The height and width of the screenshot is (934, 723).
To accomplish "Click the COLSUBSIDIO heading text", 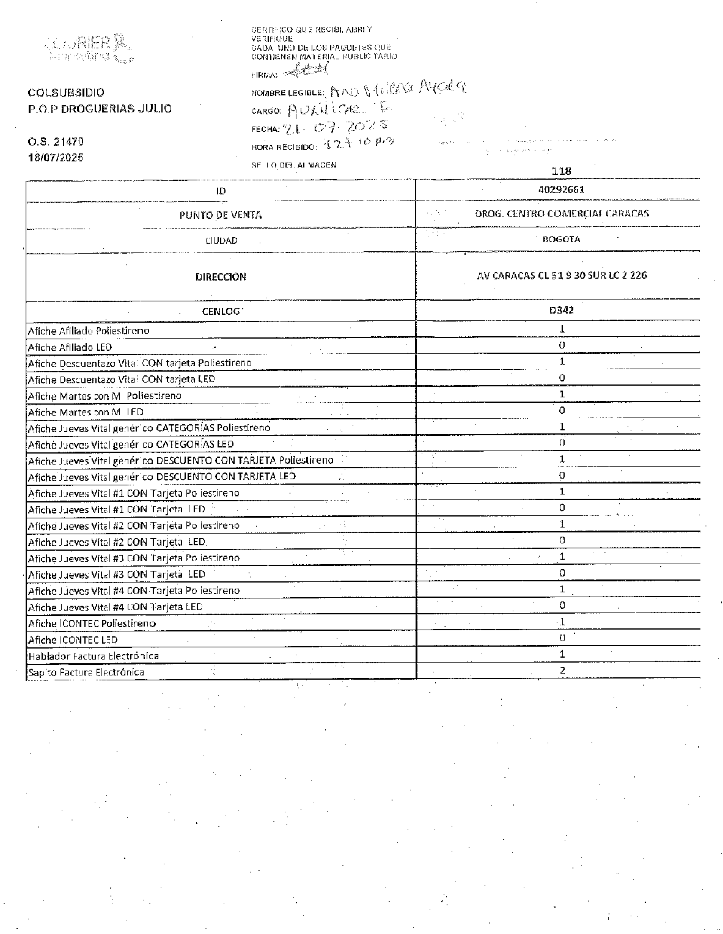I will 66,93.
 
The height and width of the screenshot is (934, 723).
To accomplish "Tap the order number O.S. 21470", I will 56,142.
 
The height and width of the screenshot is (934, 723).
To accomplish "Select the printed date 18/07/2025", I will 56,157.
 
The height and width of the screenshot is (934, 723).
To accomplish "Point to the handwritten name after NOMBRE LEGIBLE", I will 397,90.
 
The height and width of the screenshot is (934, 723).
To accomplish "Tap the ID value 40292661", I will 561,189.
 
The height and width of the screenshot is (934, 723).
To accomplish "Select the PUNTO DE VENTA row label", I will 221,215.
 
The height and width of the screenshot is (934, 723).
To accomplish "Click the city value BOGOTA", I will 561,239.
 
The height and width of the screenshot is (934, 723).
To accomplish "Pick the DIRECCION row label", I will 221,277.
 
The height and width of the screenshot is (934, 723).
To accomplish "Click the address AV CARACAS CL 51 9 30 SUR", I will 562,276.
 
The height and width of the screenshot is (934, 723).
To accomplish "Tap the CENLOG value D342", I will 561,310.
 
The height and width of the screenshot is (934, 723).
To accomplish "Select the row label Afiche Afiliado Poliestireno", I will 89,331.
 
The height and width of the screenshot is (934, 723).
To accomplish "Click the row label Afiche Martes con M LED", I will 86,412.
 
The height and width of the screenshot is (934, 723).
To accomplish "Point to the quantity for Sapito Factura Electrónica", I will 562,670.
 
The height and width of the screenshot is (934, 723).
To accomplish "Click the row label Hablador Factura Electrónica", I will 94,656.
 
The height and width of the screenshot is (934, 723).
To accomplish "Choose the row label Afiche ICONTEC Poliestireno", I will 92,623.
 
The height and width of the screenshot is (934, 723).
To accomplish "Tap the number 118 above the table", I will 561,171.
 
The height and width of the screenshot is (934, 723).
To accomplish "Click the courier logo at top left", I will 89,48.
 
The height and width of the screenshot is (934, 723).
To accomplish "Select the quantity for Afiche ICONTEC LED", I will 562,638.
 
